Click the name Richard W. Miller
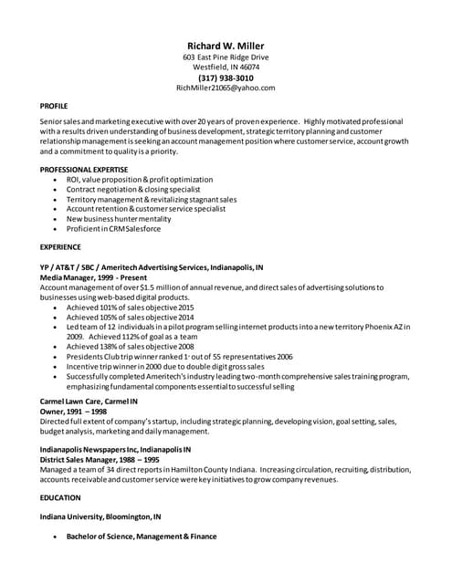[x=226, y=46]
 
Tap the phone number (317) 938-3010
[x=226, y=78]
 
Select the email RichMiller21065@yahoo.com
[x=226, y=89]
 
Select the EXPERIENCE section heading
[x=60, y=247]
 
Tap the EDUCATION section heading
[x=59, y=497]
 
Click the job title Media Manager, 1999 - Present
[x=92, y=276]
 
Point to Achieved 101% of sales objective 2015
[x=130, y=308]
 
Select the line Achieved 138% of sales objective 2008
[x=130, y=347]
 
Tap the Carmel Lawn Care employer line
[x=89, y=401]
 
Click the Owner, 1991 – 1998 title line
[x=74, y=412]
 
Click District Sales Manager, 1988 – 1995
[x=100, y=461]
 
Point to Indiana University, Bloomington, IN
[x=100, y=517]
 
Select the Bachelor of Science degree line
[x=142, y=537]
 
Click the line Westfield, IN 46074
[x=226, y=68]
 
